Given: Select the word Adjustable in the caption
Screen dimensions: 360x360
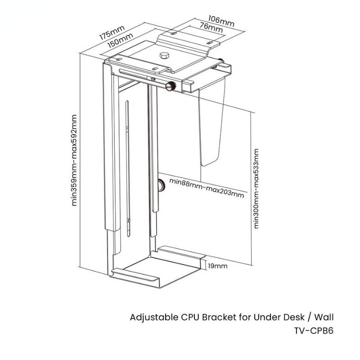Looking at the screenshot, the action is [151, 318].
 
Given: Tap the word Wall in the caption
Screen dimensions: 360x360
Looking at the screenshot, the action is [324, 317].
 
